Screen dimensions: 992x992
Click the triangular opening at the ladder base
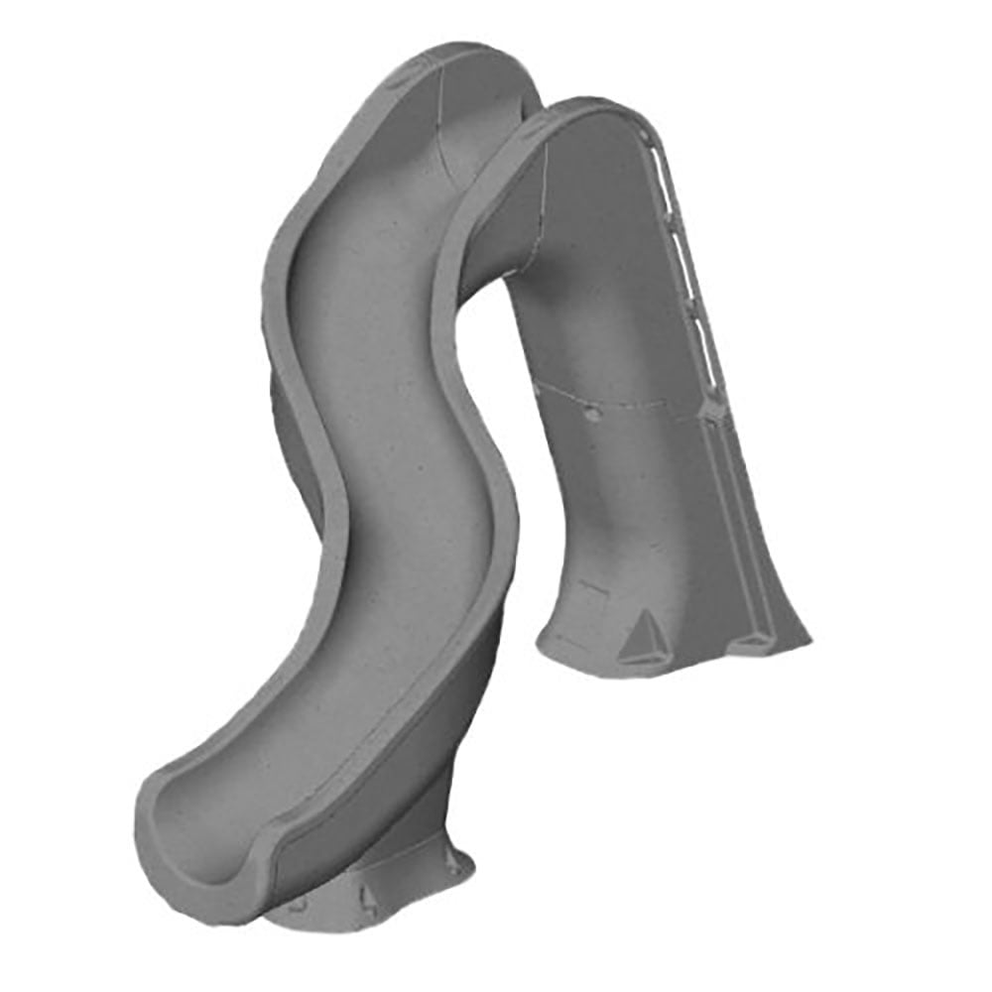pos(645,631)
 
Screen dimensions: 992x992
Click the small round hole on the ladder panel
pos(592,416)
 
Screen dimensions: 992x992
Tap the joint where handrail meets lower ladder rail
pos(712,407)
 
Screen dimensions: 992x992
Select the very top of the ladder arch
pos(585,103)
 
